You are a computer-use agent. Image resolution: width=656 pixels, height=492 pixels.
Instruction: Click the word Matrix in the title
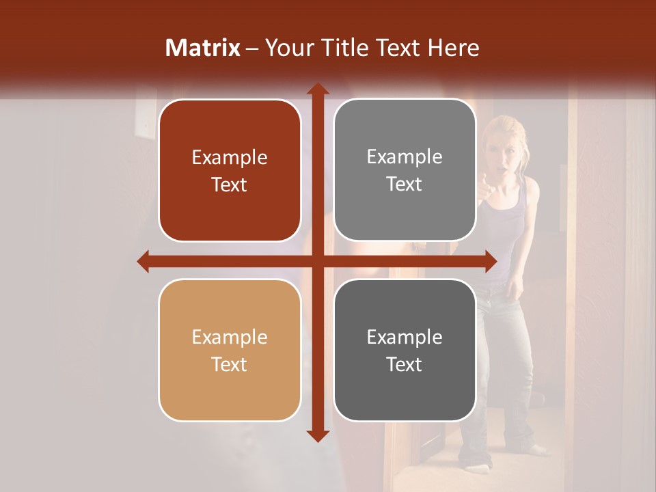point(203,48)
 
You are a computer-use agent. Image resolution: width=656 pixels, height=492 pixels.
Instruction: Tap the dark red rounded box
point(230,171)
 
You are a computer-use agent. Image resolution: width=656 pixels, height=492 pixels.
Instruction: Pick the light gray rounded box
point(405,171)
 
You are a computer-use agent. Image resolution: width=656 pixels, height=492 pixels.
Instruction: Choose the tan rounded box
point(230,350)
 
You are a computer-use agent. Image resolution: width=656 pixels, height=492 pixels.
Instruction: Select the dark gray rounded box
point(405,350)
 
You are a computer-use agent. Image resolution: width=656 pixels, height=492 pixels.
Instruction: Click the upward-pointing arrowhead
point(317,90)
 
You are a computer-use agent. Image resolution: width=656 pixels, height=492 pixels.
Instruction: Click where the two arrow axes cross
point(317,261)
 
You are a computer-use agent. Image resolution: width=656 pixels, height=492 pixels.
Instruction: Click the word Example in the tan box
point(230,337)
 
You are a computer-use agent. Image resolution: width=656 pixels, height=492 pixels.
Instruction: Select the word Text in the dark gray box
point(405,364)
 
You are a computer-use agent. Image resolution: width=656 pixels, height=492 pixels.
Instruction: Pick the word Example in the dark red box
point(230,157)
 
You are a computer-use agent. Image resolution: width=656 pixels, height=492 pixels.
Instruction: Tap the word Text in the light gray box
point(405,184)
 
